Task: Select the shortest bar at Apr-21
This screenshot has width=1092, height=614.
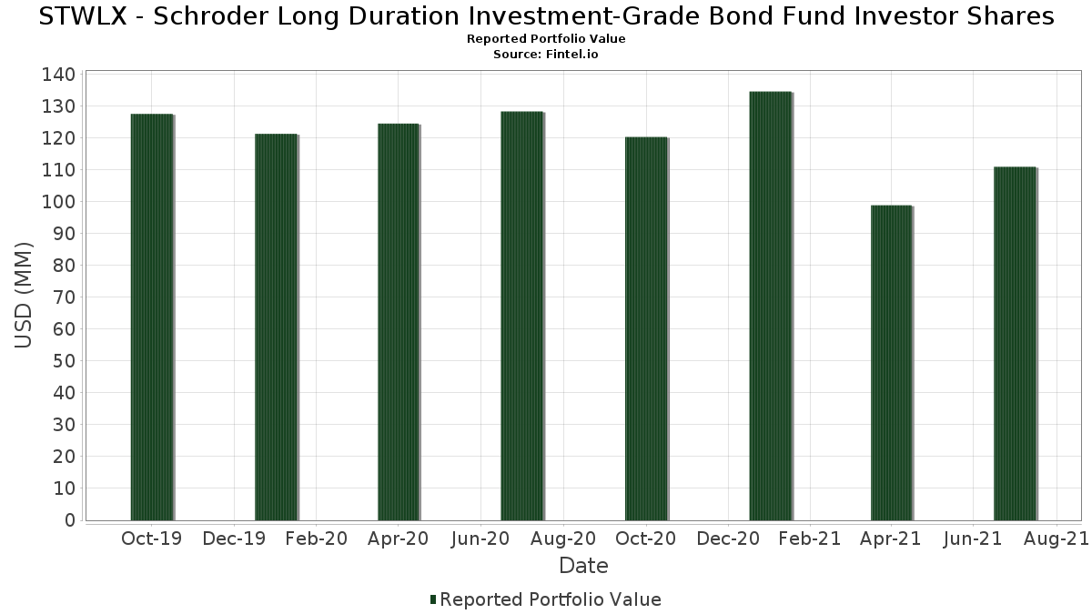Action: [x=891, y=363]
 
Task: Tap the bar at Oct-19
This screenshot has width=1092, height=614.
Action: [x=152, y=317]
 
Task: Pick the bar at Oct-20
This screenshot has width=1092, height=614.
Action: [x=646, y=329]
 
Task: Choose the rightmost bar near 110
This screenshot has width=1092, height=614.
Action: [x=1015, y=344]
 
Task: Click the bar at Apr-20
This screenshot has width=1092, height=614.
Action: [x=399, y=322]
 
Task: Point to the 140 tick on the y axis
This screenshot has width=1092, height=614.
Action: [x=58, y=75]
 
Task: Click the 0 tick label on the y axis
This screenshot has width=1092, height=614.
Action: [x=70, y=520]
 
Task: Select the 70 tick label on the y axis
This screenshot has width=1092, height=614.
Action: [x=65, y=297]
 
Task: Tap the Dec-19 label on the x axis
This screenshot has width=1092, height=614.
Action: [x=234, y=539]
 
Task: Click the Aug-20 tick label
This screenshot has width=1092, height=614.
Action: [x=563, y=539]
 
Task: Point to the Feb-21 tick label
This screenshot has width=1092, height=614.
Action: [x=810, y=539]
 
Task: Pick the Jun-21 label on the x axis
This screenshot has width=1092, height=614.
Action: [x=973, y=539]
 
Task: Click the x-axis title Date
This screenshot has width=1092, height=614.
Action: [x=583, y=566]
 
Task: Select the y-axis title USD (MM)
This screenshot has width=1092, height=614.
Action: [x=24, y=296]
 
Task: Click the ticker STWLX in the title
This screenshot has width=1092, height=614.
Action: [x=83, y=16]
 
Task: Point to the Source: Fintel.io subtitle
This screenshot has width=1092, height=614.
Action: [x=545, y=54]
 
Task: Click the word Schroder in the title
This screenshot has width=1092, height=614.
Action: [x=210, y=16]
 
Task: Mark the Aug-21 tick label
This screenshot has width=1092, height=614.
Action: [x=1056, y=539]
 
